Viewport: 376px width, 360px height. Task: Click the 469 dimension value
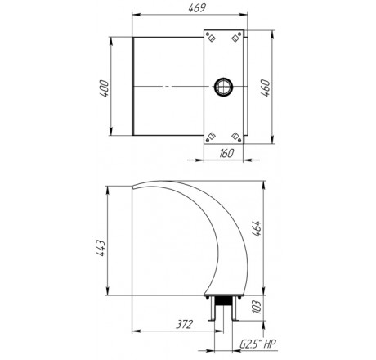coord(197,8)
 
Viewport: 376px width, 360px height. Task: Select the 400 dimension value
coord(104,88)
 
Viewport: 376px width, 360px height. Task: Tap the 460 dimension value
coord(266,88)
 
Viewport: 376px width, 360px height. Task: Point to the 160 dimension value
coord(226,153)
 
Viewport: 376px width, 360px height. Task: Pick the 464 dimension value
coord(257,228)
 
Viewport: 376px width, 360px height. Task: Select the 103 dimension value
coord(257,307)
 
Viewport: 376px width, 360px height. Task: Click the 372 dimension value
coord(184,324)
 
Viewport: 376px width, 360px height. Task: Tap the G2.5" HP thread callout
coord(257,344)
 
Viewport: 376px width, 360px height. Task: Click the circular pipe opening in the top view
coord(224,87)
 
